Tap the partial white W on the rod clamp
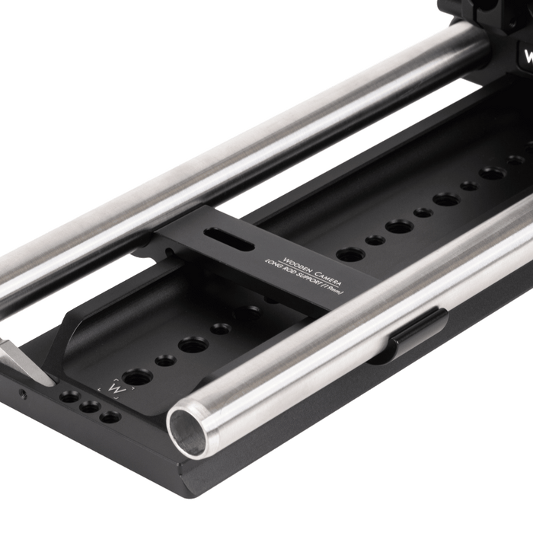[527, 57]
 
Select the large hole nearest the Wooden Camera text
[348, 253]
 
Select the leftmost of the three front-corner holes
[71, 397]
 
